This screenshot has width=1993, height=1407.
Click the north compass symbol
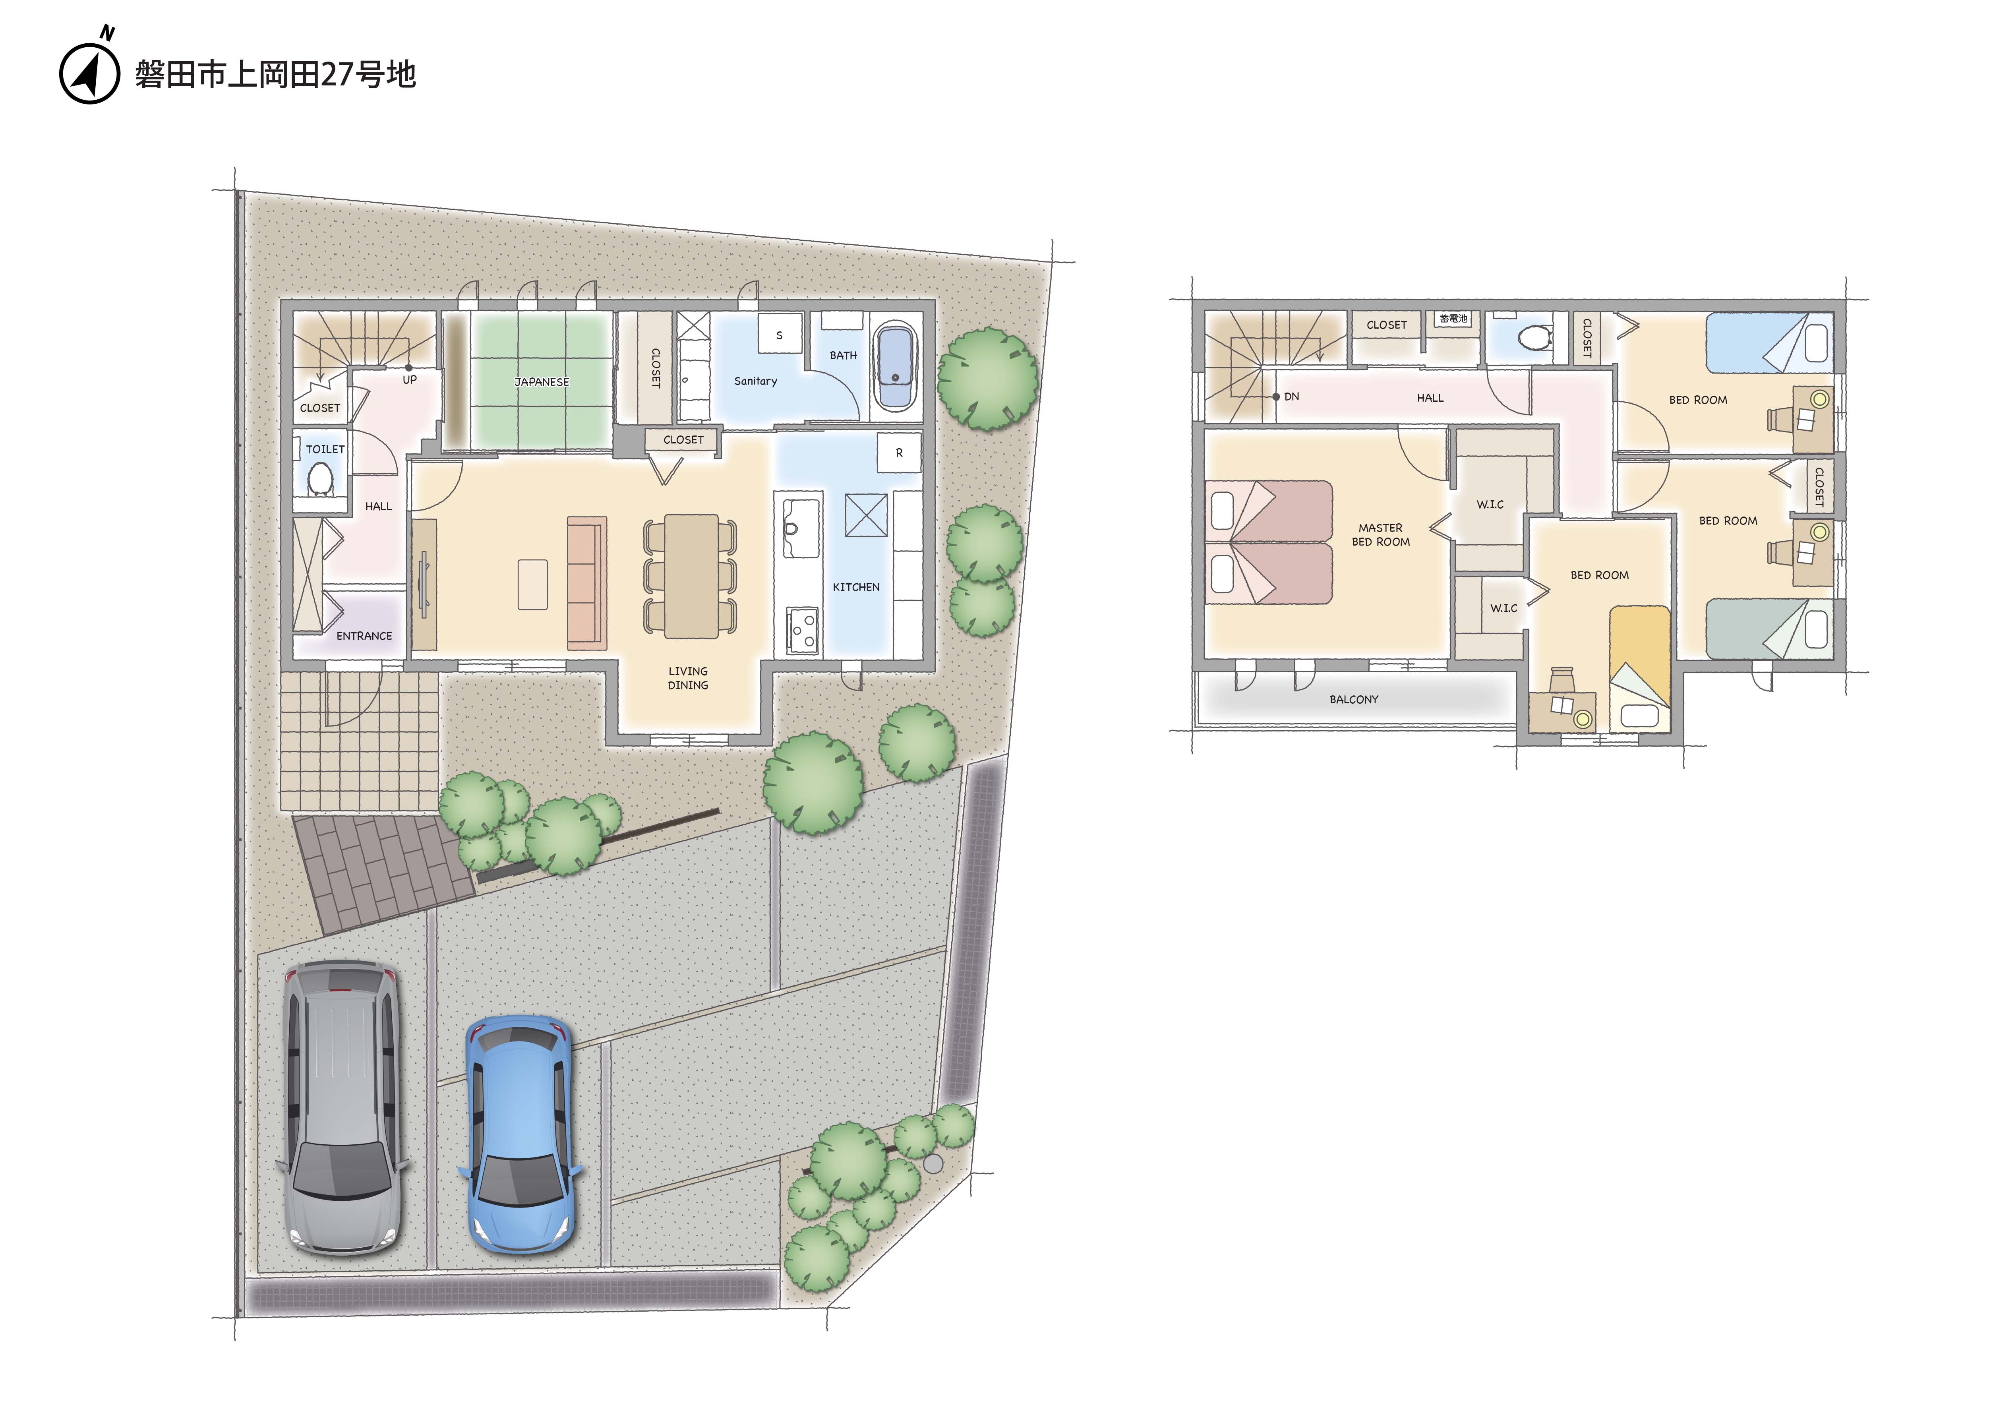click(89, 70)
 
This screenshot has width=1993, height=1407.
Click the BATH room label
click(843, 355)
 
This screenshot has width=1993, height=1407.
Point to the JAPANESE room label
click(542, 382)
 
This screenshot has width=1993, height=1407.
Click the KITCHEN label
click(856, 587)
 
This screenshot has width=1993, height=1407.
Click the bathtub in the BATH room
click(895, 366)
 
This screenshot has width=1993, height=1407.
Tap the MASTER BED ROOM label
click(1380, 535)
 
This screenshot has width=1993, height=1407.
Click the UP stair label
click(410, 379)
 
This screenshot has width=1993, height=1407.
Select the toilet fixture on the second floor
click(1536, 336)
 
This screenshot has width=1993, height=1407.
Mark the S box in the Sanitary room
click(779, 334)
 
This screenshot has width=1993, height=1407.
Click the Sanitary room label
click(755, 381)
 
